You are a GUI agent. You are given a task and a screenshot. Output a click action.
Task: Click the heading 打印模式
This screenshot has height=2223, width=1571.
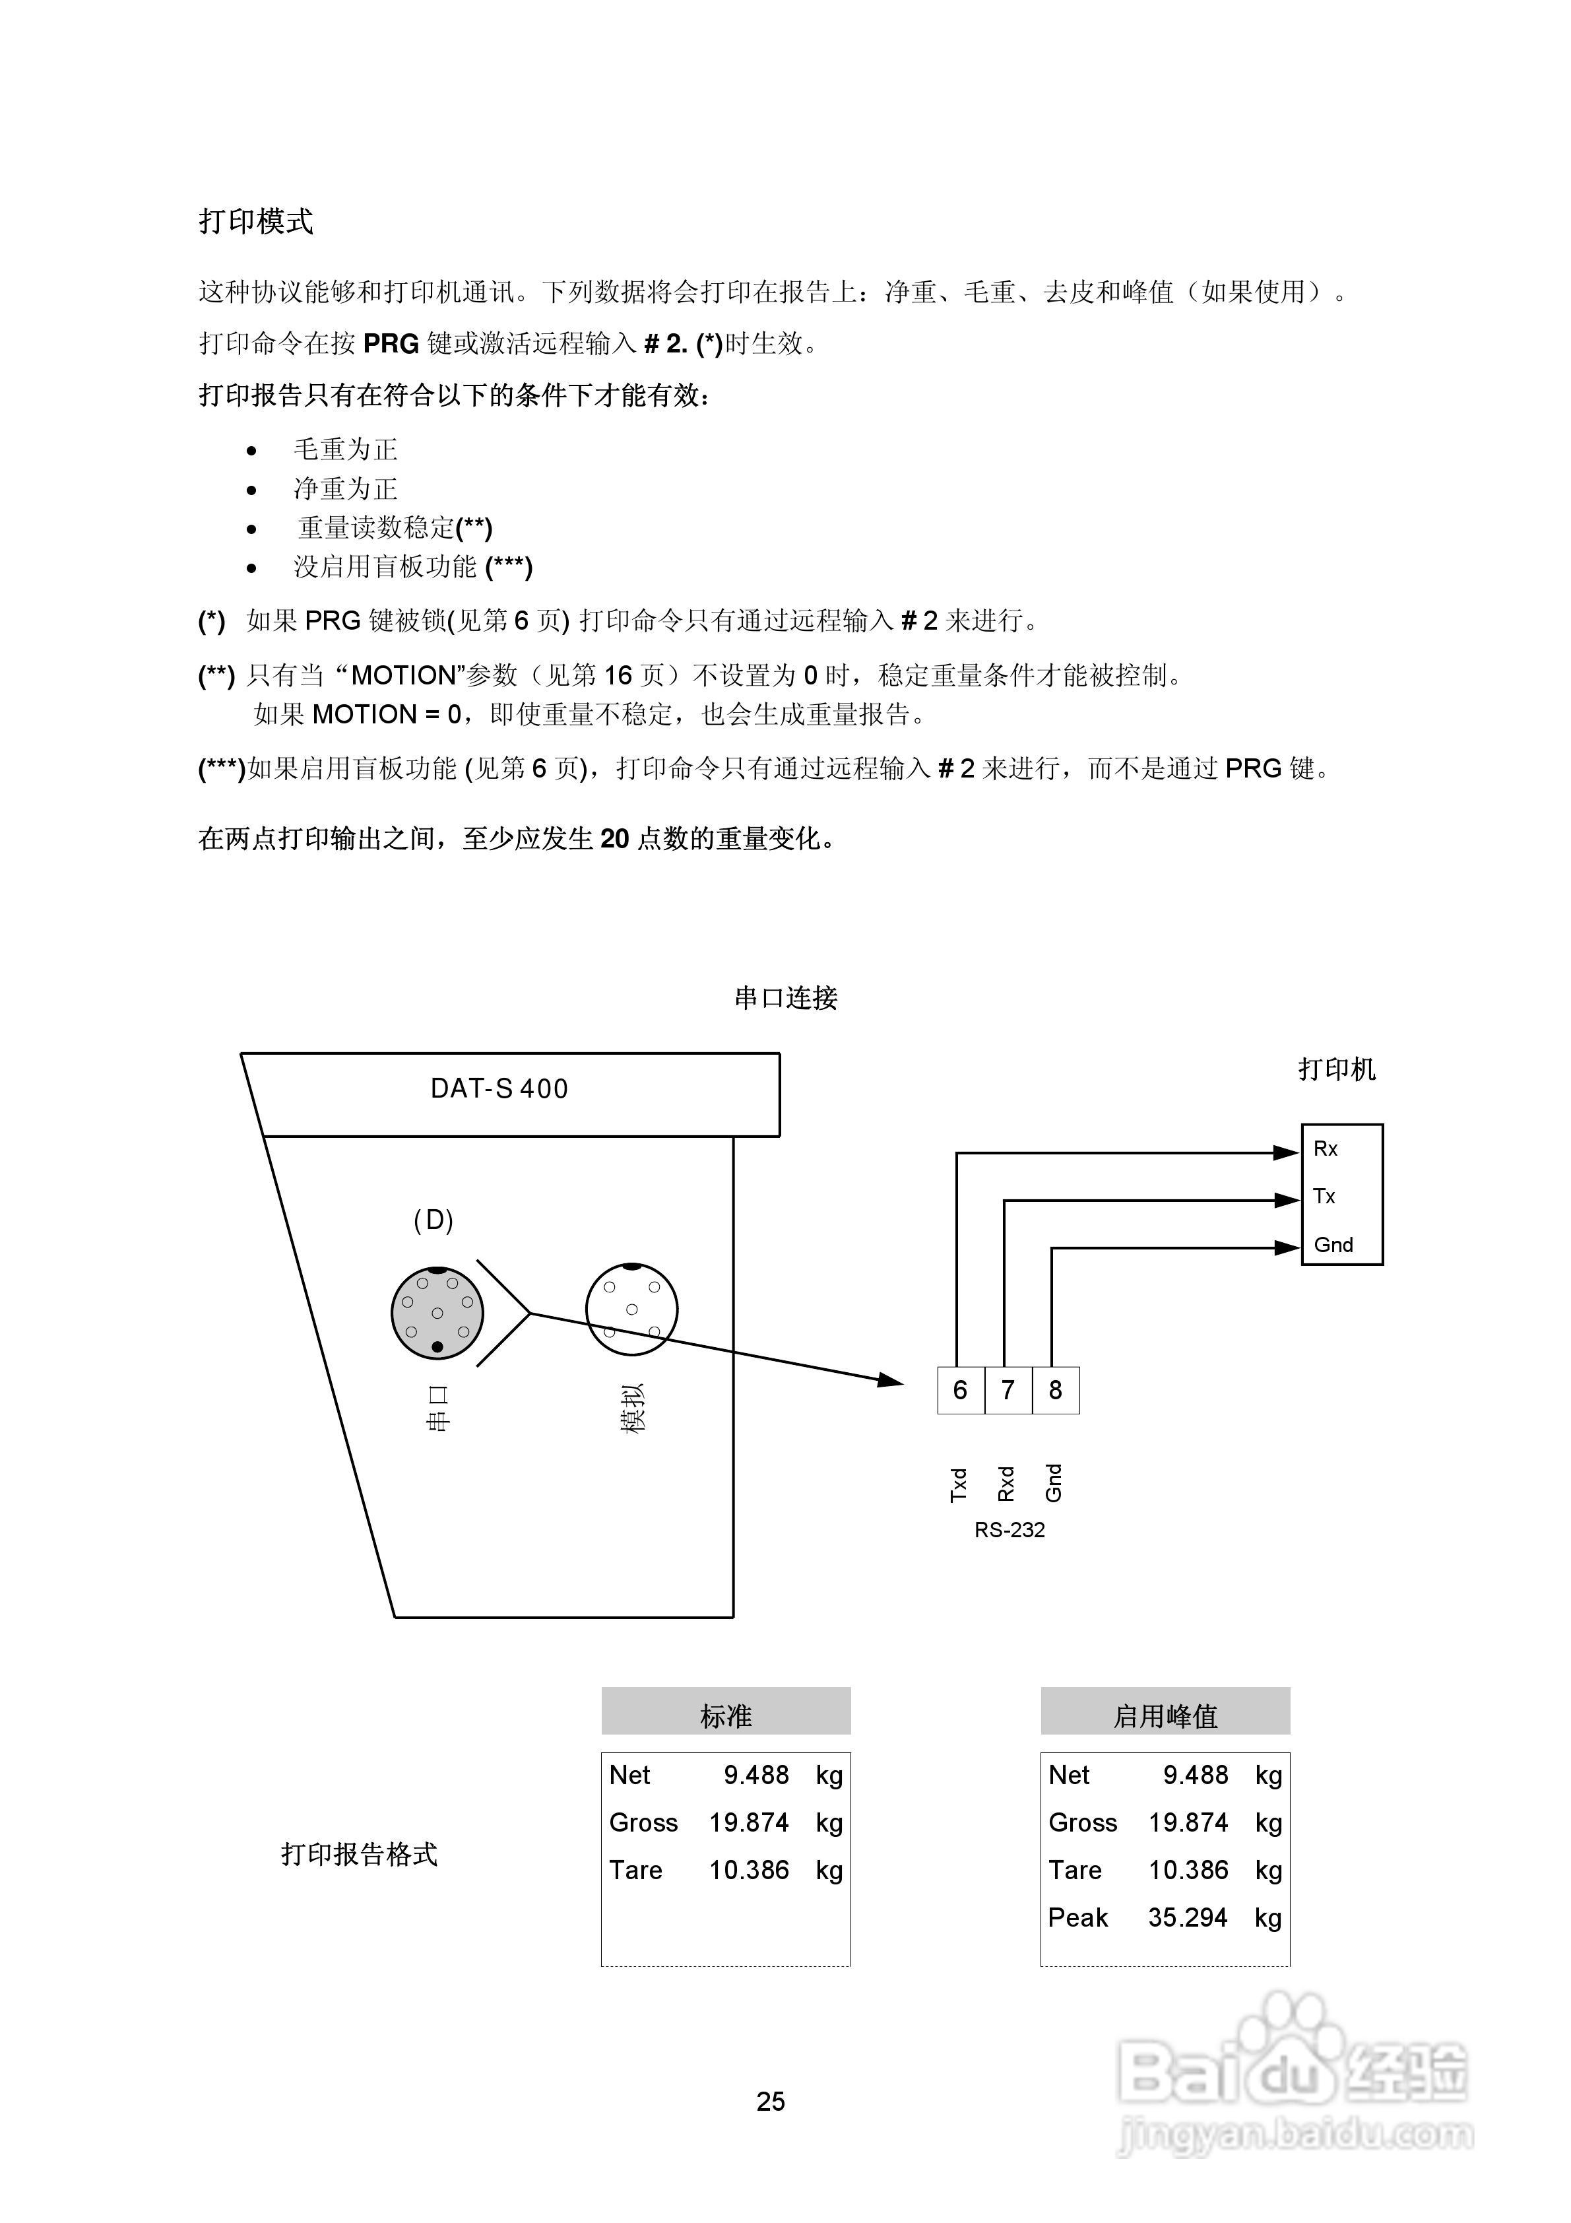[255, 222]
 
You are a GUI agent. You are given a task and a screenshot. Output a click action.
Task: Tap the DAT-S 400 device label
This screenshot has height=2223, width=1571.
[499, 1089]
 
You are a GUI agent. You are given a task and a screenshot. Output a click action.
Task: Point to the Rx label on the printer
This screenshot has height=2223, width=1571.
[1325, 1149]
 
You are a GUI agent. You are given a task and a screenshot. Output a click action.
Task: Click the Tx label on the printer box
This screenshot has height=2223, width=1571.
[1324, 1197]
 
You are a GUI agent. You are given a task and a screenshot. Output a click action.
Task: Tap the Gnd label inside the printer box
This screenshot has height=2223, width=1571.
[1333, 1245]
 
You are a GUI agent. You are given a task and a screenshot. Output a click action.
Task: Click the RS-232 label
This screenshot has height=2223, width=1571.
[1010, 1530]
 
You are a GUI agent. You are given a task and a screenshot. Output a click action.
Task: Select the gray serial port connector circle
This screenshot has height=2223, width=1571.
[437, 1312]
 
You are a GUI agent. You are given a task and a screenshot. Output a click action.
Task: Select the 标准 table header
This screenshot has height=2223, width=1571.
[726, 1717]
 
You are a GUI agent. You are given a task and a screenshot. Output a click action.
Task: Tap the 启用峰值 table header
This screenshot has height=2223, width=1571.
[1165, 1717]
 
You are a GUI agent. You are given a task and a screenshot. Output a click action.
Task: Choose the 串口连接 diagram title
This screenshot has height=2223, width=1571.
[785, 998]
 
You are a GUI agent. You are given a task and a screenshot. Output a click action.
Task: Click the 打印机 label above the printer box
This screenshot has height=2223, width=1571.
[1337, 1070]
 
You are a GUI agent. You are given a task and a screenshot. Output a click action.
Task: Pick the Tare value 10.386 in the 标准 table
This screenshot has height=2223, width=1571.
[748, 1870]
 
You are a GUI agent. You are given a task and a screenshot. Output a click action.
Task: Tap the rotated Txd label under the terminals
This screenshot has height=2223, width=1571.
[958, 1484]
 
